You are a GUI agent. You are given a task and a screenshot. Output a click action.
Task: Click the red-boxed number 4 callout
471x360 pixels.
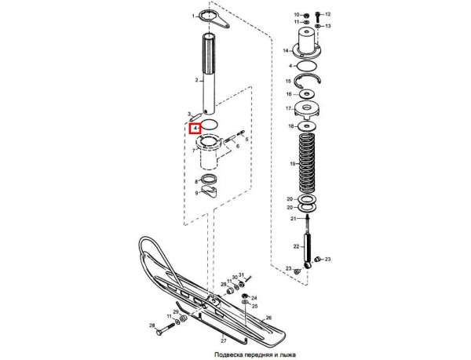coord(195,129)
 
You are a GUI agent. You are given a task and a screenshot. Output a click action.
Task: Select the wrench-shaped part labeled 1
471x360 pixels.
coord(214,19)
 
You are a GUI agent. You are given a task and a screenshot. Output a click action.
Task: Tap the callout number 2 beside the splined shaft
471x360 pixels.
coord(196,80)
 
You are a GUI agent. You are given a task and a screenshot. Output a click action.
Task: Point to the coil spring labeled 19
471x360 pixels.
coord(306,163)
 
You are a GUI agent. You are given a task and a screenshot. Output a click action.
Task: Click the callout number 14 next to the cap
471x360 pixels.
coord(286,51)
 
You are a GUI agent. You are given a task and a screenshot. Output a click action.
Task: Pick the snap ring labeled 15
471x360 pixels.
coord(308,79)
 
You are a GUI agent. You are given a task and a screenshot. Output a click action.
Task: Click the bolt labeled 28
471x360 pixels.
coord(166,328)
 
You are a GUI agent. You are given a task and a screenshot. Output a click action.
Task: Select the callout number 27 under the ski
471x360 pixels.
coord(224,341)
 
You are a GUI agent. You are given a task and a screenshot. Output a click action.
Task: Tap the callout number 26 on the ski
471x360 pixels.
coord(268,318)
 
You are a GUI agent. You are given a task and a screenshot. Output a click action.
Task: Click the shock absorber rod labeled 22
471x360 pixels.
coord(307,245)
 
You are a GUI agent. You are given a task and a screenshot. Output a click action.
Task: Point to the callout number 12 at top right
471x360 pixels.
coord(327,14)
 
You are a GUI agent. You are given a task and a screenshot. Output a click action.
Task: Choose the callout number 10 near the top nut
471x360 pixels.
coord(296,15)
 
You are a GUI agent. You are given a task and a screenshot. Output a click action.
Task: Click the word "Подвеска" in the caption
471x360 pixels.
coord(228,355)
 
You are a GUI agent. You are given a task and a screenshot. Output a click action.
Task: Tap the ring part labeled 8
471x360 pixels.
coord(209,180)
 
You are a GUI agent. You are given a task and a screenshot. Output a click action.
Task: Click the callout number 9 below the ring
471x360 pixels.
coord(196,193)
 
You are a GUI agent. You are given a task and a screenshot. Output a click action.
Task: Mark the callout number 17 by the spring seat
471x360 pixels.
coord(289,108)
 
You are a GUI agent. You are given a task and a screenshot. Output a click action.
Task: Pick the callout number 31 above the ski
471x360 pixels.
coord(242,275)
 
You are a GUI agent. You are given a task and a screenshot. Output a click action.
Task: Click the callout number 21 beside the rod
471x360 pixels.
coord(293,219)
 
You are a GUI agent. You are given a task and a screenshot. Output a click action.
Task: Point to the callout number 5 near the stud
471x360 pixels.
coord(247,139)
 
